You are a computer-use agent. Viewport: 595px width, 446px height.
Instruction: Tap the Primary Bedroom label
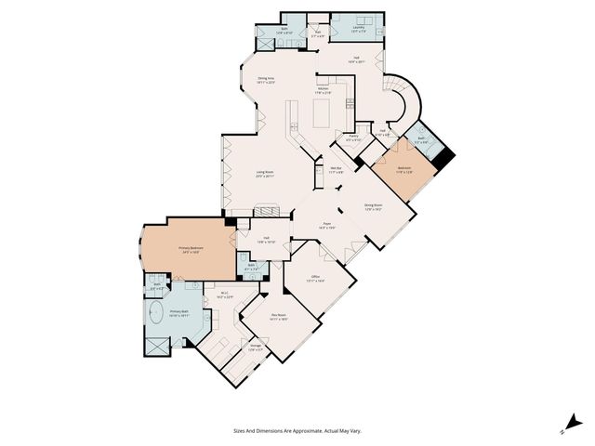coord(191,249)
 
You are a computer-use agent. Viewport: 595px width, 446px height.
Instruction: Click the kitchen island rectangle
coord(321,114)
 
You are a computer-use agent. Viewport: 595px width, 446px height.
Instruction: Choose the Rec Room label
coord(278,316)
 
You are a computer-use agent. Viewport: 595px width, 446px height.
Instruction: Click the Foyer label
coord(327,225)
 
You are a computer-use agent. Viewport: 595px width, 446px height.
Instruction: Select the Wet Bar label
coord(335,169)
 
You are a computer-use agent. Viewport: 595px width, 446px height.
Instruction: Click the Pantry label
coord(353,138)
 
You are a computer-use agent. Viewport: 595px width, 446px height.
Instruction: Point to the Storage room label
coord(255,348)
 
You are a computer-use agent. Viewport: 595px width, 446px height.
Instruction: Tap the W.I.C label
coord(225,295)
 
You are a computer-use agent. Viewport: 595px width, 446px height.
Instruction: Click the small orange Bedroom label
coord(403,168)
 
